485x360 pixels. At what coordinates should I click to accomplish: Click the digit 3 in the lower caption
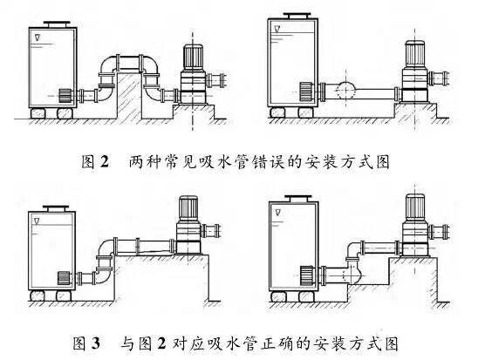(x=96, y=343)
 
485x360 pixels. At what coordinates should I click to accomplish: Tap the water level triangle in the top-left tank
(x=38, y=37)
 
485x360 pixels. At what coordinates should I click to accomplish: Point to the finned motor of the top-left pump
(x=193, y=58)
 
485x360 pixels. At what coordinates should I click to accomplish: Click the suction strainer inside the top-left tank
(x=65, y=96)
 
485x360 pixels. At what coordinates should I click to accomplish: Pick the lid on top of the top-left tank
(x=57, y=24)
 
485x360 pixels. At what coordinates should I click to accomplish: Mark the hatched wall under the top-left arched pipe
(x=129, y=96)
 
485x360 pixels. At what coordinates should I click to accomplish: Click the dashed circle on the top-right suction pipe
(x=345, y=91)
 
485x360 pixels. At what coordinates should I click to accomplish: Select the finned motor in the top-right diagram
(x=415, y=54)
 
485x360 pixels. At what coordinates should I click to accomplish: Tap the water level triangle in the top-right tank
(x=277, y=29)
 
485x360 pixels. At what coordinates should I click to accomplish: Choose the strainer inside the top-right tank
(x=305, y=92)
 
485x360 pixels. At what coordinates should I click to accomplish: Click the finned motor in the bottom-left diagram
(x=188, y=208)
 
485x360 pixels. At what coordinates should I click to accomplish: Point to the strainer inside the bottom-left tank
(x=64, y=278)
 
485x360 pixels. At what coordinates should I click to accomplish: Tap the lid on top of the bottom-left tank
(x=56, y=208)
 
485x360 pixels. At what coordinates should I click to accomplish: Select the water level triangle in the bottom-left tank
(x=38, y=221)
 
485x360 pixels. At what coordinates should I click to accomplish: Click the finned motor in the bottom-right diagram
(x=415, y=207)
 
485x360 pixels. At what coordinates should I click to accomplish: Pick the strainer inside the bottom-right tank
(x=306, y=275)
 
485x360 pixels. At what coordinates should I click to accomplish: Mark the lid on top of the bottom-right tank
(x=297, y=199)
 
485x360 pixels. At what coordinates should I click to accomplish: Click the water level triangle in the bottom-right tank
(x=277, y=213)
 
